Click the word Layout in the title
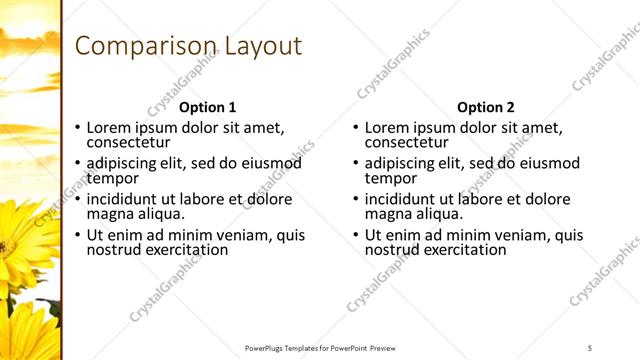(263, 46)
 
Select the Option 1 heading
(208, 107)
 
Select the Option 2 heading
(485, 107)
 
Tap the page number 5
(590, 347)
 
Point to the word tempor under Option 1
(111, 178)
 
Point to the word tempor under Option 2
(389, 178)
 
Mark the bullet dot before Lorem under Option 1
(79, 128)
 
